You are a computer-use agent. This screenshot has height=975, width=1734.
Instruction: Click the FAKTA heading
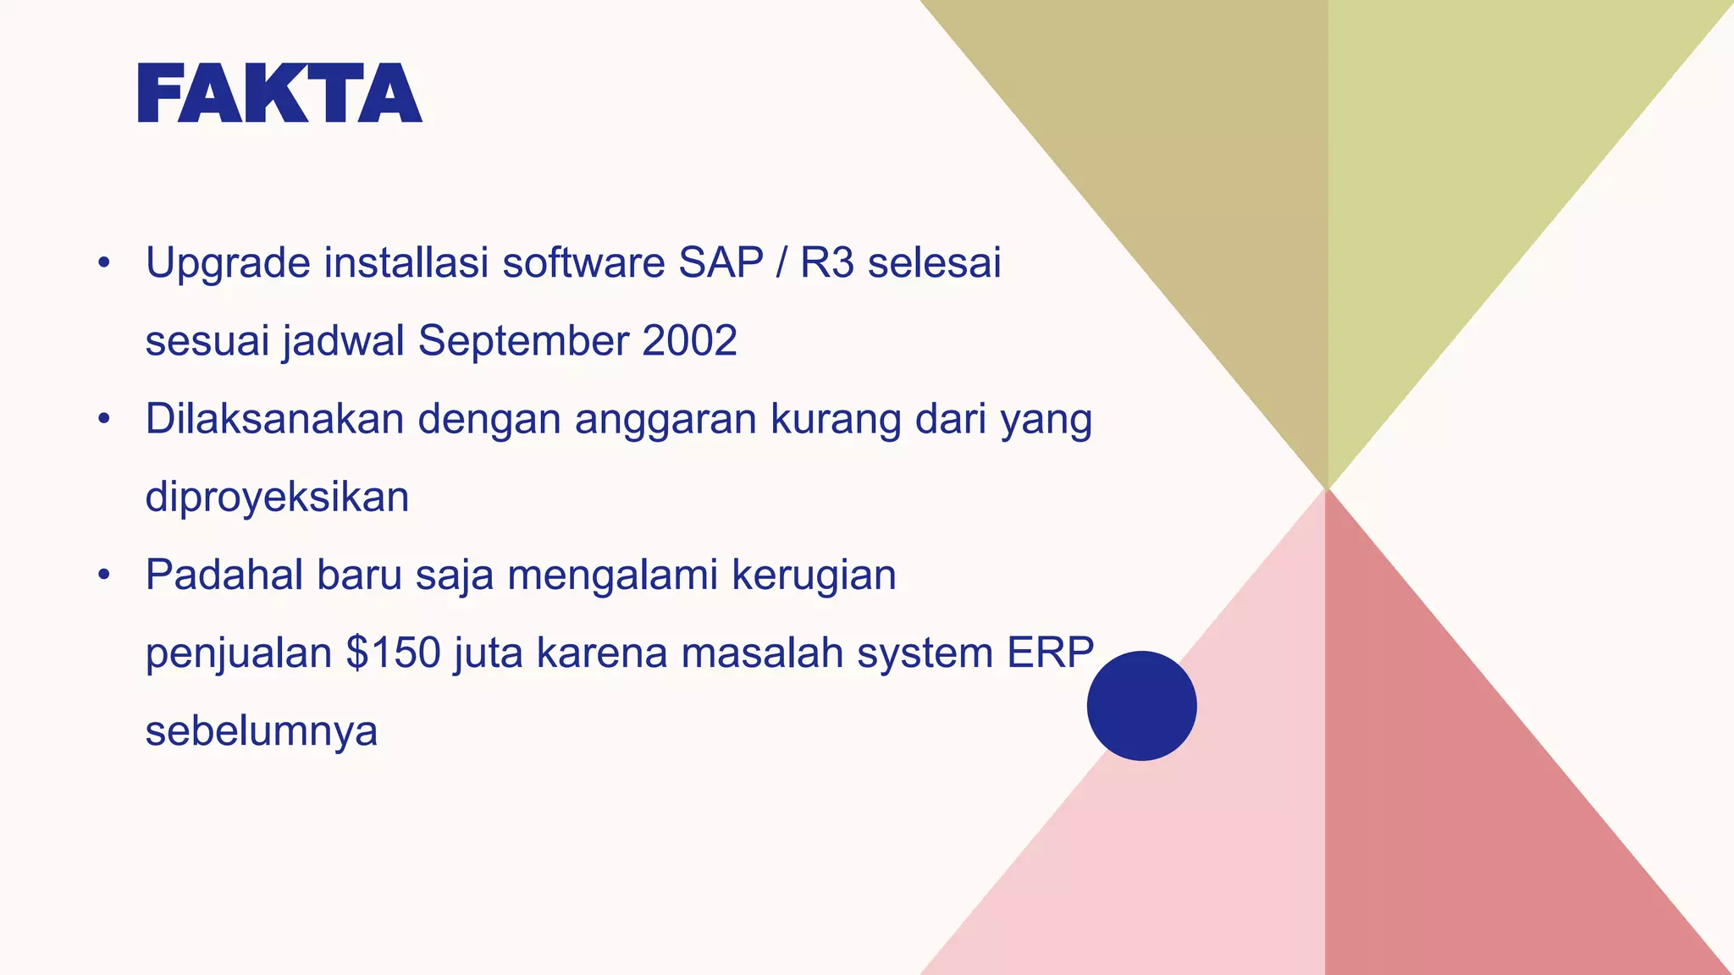click(279, 93)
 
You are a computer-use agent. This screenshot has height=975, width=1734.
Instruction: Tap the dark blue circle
click(1141, 705)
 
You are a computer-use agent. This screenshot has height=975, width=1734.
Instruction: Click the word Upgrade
click(228, 264)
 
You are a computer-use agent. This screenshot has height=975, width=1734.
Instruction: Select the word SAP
click(721, 262)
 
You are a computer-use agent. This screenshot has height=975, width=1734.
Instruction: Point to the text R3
click(827, 262)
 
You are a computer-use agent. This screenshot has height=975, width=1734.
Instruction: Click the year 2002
click(689, 341)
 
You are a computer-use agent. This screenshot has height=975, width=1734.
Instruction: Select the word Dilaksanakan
click(274, 419)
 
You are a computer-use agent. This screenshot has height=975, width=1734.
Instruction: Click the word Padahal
click(224, 575)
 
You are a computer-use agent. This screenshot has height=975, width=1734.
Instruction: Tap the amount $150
click(394, 653)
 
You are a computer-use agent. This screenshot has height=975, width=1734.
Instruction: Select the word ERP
click(1050, 653)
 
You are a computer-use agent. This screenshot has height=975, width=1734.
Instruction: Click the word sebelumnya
click(261, 731)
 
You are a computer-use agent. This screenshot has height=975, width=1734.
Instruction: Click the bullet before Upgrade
click(104, 263)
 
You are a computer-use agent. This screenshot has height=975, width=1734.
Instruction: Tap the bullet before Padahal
click(104, 576)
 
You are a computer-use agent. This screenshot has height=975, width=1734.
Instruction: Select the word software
click(583, 262)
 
